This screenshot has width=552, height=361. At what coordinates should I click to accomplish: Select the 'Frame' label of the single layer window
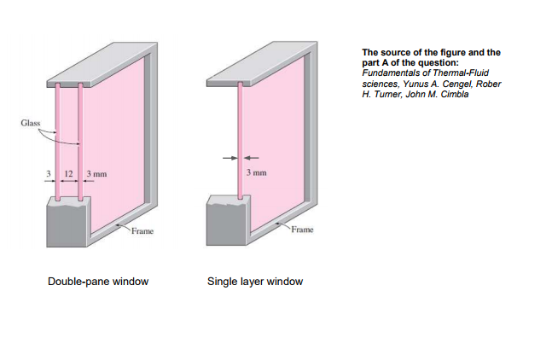pyautogui.click(x=302, y=230)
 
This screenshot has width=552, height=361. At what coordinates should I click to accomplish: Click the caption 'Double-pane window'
pyautogui.click(x=98, y=282)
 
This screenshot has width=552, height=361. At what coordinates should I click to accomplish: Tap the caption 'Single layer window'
pyautogui.click(x=255, y=282)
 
